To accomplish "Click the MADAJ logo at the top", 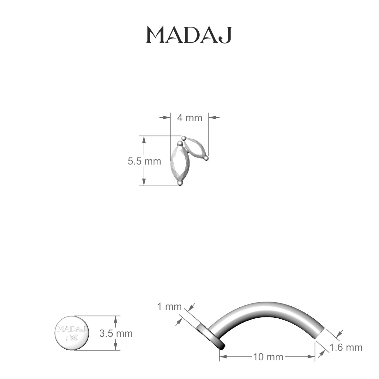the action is pyautogui.click(x=189, y=35).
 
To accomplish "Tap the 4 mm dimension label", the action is pyautogui.click(x=189, y=118).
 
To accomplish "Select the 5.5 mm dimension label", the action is pyautogui.click(x=144, y=161).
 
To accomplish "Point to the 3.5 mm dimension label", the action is pyautogui.click(x=116, y=333).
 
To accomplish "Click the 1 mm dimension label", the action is pyautogui.click(x=169, y=306).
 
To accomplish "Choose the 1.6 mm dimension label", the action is pyautogui.click(x=346, y=347).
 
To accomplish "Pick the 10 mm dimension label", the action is pyautogui.click(x=268, y=357).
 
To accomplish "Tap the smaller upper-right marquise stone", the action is pyautogui.click(x=195, y=148).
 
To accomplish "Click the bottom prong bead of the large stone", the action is pyautogui.click(x=180, y=183).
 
